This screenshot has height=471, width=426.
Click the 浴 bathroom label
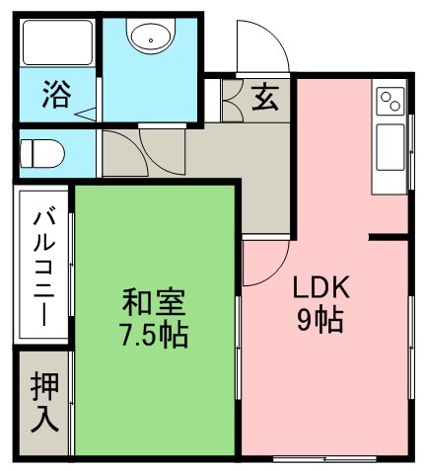(x=56, y=94)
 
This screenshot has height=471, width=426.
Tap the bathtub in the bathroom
(x=57, y=42)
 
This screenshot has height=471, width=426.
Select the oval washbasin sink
(x=151, y=37)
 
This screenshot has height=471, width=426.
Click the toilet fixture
(x=41, y=153)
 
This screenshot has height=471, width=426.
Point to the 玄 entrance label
(x=265, y=97)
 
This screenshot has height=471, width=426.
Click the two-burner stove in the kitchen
(x=390, y=101)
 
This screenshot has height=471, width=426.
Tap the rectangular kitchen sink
(x=390, y=147)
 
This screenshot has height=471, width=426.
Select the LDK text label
(x=320, y=287)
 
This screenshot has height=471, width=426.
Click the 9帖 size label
(x=320, y=320)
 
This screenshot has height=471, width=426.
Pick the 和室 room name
(x=154, y=302)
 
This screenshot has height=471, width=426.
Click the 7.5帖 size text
(x=154, y=335)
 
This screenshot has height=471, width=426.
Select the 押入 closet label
(x=44, y=402)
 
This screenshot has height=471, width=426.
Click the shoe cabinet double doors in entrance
(x=233, y=101)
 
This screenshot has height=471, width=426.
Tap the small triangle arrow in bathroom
(x=86, y=115)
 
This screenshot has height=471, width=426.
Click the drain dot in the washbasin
(x=151, y=40)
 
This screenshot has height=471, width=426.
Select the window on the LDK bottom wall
(x=324, y=458)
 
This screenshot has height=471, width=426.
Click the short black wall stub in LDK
(x=388, y=237)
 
